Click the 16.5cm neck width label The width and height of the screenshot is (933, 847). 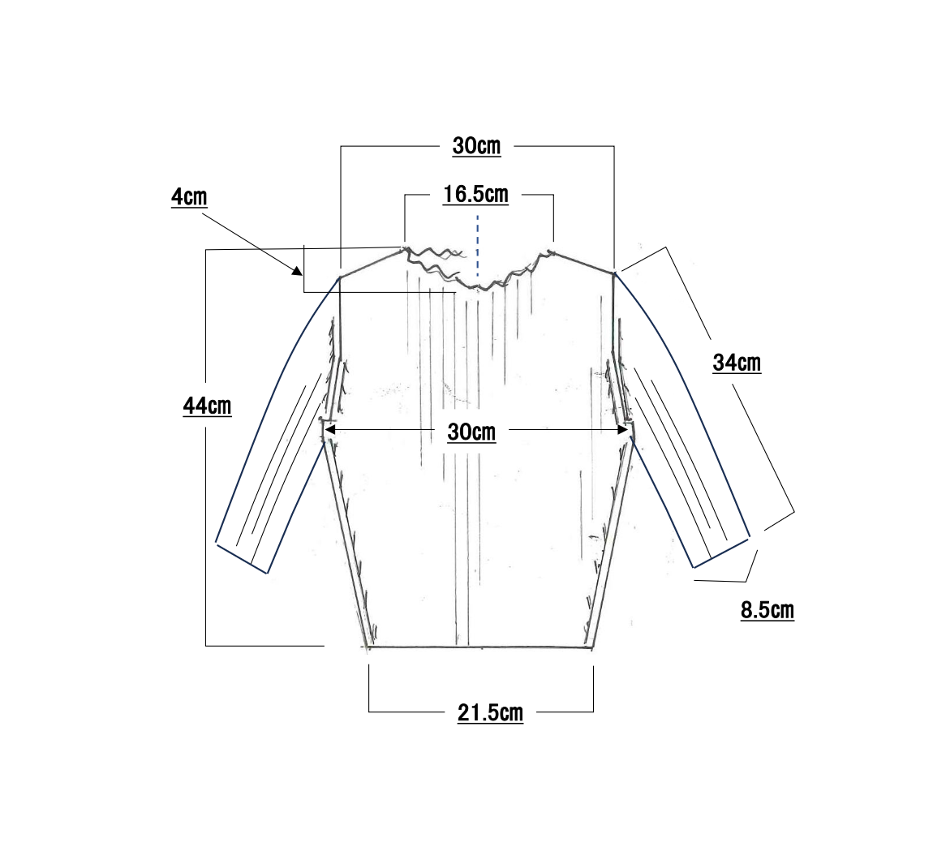pos(475,195)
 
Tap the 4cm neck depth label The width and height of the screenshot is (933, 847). pos(189,197)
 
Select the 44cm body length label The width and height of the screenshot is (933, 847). pos(207,406)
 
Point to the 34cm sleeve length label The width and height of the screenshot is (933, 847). pos(737,363)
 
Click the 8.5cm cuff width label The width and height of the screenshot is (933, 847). pos(767,611)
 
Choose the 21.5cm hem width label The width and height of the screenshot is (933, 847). pos(490,713)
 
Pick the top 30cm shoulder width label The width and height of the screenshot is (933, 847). pos(476,146)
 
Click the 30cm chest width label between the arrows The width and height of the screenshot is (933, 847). pos(471,432)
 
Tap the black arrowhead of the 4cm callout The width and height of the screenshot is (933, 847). pos(297,271)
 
